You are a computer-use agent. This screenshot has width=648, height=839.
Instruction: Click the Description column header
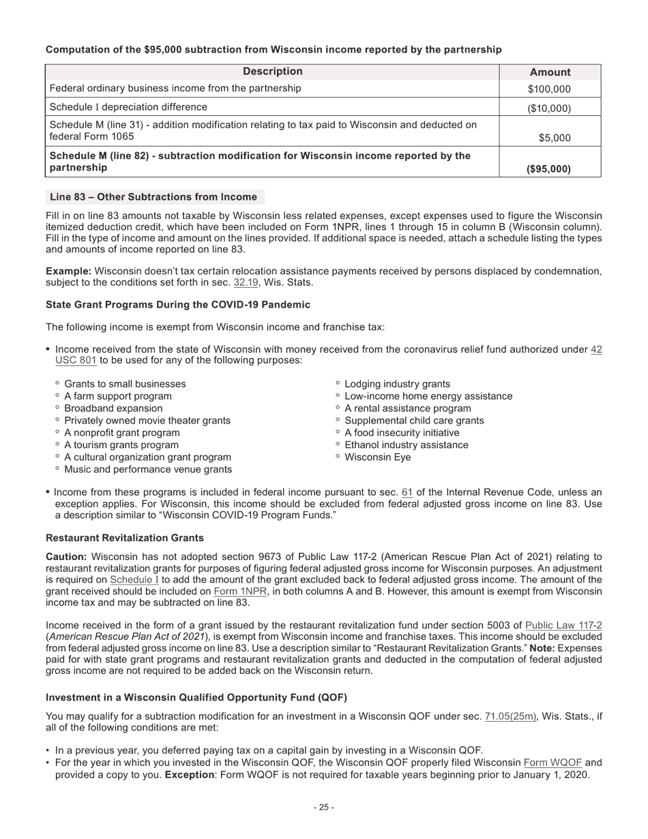pos(272,72)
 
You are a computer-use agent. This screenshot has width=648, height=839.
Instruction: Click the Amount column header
pos(550,72)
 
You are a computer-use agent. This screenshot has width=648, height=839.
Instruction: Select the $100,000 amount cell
pos(550,89)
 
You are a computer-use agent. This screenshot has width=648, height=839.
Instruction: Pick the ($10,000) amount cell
pos(550,108)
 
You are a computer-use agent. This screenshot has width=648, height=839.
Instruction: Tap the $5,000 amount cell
pos(555,138)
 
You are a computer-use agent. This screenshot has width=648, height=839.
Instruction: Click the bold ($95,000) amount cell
pos(549,168)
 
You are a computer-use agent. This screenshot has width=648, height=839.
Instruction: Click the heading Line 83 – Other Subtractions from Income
pos(154,197)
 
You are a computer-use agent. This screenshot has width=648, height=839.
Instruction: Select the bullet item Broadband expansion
pos(113,409)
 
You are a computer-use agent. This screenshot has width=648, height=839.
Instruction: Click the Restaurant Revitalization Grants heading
pos(125,538)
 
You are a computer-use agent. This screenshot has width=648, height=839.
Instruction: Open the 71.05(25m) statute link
pos(510,716)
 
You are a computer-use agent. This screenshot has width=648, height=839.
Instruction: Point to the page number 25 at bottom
pos(324,808)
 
